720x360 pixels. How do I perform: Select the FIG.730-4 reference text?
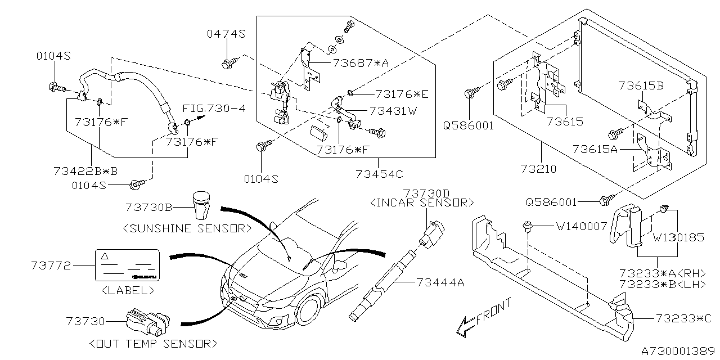pos(214,108)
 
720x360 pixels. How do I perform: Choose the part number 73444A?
pos(441,282)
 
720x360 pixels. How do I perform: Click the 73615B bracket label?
pos(641,85)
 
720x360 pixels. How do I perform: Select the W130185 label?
pos(678,237)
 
